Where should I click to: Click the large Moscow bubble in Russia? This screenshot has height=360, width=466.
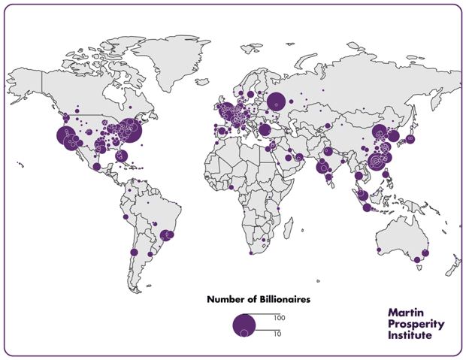(x=276, y=101)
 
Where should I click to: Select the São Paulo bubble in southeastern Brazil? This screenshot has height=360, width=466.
(x=168, y=235)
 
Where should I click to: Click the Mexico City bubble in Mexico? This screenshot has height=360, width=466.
(x=96, y=166)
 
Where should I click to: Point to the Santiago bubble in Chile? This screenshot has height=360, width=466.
(x=134, y=253)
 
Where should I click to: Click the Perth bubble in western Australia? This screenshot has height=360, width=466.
(x=380, y=250)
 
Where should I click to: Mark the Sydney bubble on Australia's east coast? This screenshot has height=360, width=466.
(x=425, y=253)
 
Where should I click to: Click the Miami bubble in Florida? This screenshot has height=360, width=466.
(x=123, y=156)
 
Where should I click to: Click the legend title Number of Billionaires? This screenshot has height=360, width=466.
(x=258, y=299)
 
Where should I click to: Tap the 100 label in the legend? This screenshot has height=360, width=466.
(x=279, y=318)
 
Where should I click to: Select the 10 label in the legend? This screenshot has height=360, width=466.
(x=277, y=333)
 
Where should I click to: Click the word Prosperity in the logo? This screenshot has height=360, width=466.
(x=416, y=323)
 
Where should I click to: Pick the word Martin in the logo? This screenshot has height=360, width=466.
(x=407, y=311)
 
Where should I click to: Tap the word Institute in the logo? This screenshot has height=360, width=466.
(x=410, y=335)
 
